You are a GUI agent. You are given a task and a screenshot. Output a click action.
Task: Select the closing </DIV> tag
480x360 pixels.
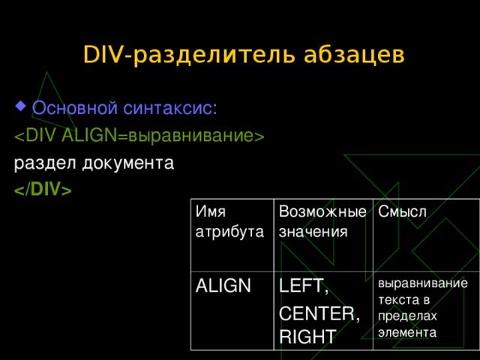tap(42, 190)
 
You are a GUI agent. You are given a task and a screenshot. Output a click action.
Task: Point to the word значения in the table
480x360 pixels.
tap(313, 232)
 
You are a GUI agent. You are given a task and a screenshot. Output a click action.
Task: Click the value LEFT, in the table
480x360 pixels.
tap(304, 286)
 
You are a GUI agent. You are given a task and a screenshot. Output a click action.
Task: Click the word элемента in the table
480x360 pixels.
tap(408, 331)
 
